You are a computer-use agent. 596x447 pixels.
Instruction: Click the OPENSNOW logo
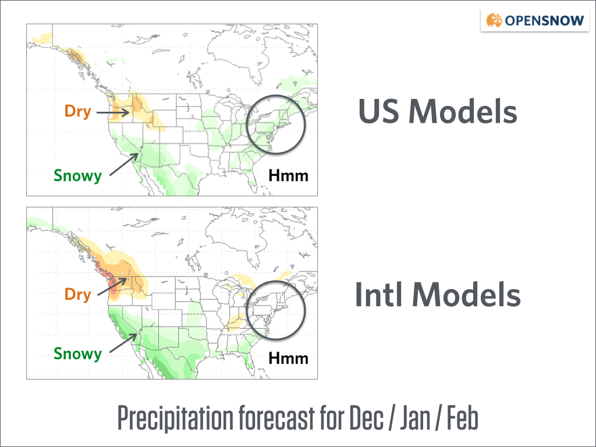535,20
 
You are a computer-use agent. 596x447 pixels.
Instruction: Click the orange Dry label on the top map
78,111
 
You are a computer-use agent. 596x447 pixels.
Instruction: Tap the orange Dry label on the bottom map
78,294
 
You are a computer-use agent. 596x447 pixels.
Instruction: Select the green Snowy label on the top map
78,176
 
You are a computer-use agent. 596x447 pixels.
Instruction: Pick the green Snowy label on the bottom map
78,353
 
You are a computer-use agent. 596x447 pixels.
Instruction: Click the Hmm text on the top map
289,176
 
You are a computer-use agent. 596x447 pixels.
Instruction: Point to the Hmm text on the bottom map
289,358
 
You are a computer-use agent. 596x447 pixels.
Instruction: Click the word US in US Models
378,112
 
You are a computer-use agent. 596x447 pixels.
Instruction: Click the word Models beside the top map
463,111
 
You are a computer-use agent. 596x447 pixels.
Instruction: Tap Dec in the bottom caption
366,417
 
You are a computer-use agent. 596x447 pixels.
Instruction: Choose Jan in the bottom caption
416,417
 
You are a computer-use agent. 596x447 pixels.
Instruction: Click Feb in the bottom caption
462,417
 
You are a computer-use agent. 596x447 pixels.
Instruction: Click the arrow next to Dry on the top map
113,112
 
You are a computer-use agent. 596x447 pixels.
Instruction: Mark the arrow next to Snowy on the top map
124,164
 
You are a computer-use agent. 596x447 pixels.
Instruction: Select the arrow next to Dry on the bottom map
112,286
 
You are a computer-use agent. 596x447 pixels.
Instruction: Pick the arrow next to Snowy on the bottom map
123,343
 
